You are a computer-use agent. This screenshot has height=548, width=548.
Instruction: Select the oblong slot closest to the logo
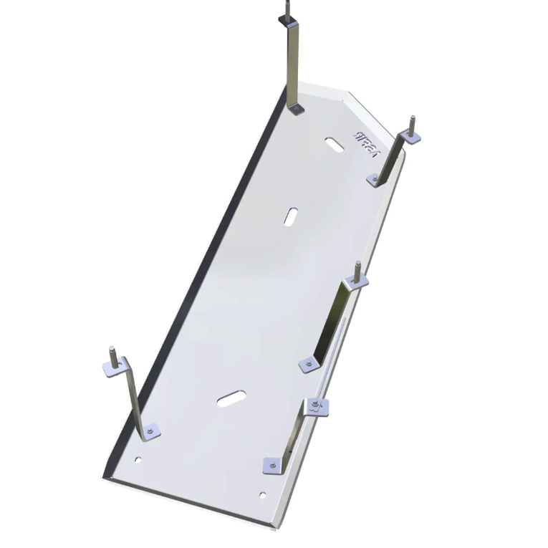tap(333, 143)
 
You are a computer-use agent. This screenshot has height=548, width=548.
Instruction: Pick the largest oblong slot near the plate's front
tap(233, 398)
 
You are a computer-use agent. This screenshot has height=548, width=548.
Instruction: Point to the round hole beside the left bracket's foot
tap(139, 459)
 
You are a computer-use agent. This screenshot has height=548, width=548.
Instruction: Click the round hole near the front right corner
tap(263, 494)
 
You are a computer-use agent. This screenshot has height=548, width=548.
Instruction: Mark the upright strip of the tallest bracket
tap(293, 61)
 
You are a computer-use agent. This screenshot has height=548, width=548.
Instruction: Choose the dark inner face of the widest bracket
tap(332, 322)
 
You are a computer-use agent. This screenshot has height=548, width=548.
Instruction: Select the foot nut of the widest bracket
tap(307, 364)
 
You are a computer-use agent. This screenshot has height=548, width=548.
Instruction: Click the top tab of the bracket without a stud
tap(315, 407)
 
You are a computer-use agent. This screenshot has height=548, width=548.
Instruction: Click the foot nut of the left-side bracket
tap(149, 431)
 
